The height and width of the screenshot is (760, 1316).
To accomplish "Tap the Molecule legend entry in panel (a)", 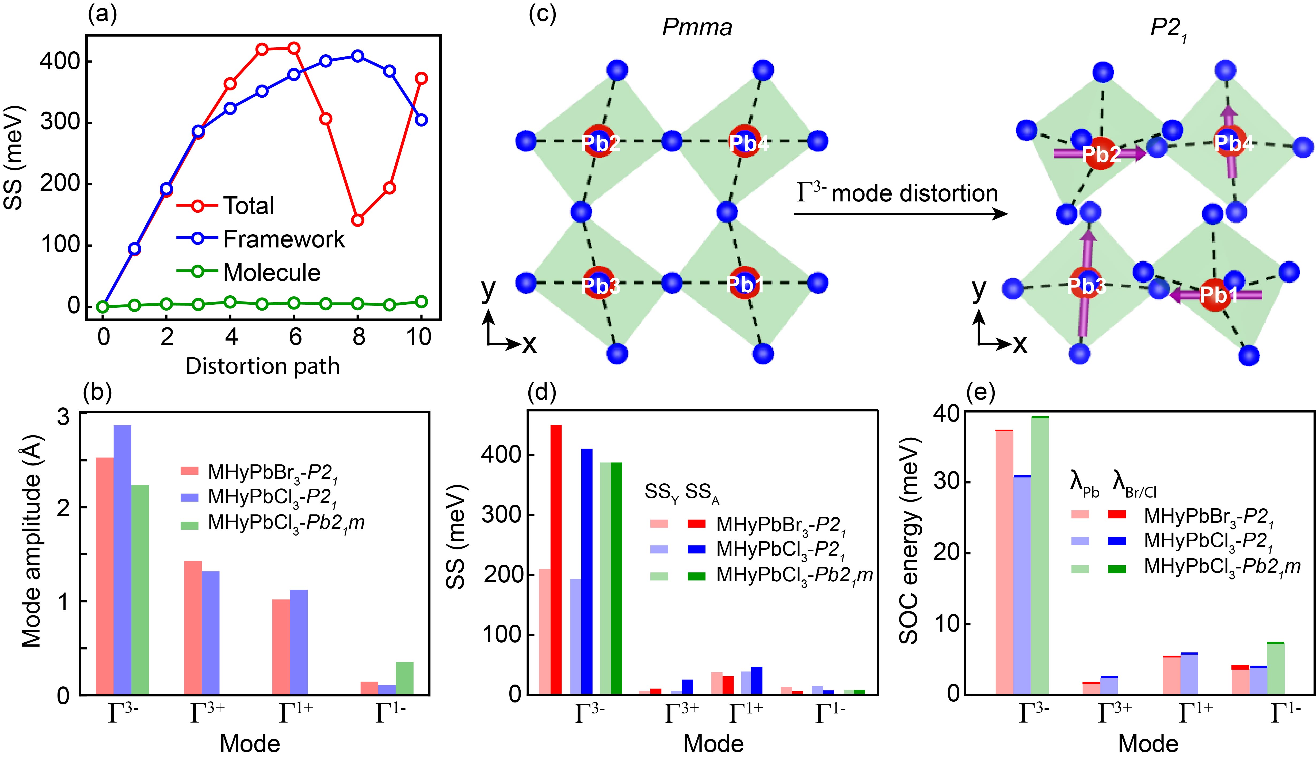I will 272,273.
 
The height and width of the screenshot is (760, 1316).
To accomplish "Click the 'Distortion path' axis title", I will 262,366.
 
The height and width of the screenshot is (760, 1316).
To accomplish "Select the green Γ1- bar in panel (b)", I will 405,678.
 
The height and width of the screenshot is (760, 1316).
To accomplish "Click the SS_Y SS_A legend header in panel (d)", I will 682,492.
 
